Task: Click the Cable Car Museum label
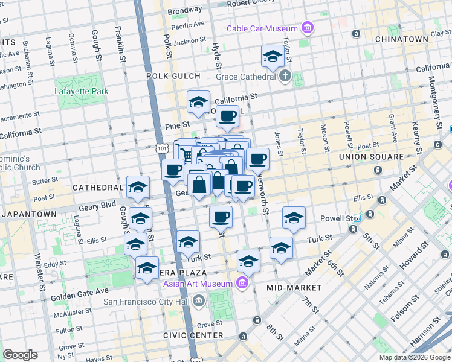[x=263, y=28]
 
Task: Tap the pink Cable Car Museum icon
[x=308, y=28]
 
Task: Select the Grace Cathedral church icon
[x=285, y=77]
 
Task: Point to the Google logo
[x=21, y=355]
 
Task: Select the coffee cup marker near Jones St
[x=257, y=159]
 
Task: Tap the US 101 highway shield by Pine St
[x=161, y=147]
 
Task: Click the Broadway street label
[x=185, y=11]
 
